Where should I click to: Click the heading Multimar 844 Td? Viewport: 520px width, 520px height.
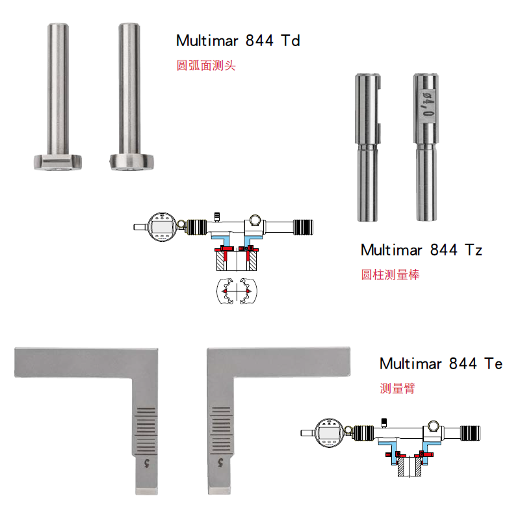(238, 41)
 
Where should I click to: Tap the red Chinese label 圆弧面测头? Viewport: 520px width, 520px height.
(206, 66)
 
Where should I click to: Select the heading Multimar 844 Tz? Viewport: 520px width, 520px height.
(421, 250)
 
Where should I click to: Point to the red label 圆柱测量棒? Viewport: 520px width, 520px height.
(391, 274)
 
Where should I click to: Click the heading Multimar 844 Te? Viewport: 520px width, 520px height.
(441, 363)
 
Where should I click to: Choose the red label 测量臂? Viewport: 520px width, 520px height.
(397, 388)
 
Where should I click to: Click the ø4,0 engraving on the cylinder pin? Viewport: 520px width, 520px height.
(428, 104)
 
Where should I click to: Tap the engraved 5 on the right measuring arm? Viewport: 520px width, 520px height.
(221, 463)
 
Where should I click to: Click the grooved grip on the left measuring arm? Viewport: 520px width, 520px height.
(146, 430)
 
